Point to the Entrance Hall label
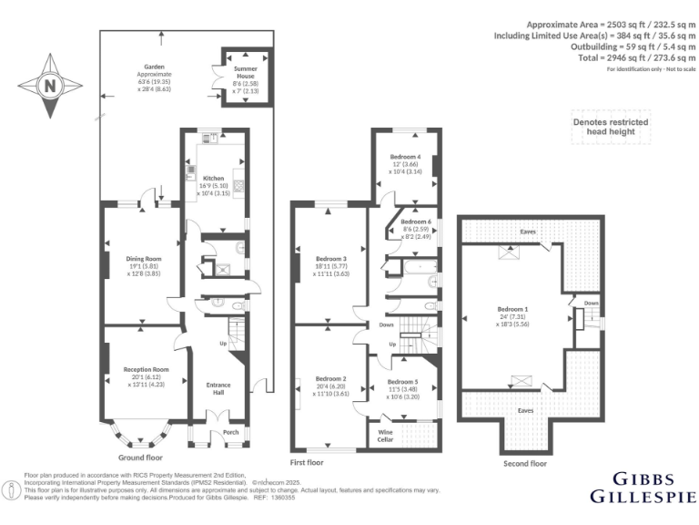pyautogui.click(x=218, y=388)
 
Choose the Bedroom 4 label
pyautogui.click(x=406, y=157)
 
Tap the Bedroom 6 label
pyautogui.click(x=416, y=222)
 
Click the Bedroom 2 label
pyautogui.click(x=331, y=378)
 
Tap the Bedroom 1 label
pyautogui.click(x=511, y=308)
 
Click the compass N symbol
pyautogui.click(x=50, y=87)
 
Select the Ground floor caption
pyautogui.click(x=141, y=457)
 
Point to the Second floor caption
pyautogui.click(x=525, y=464)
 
